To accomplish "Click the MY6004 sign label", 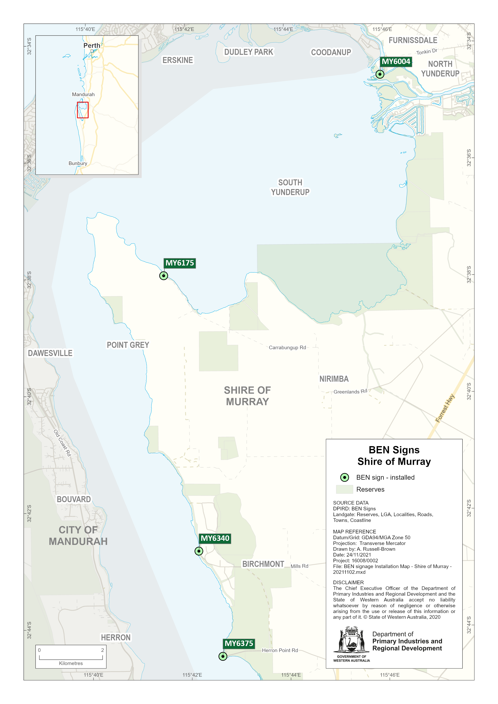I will tap(396, 62).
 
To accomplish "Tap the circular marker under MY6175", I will tap(163, 276).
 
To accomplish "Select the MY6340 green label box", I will tap(215, 538).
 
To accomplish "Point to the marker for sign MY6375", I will tap(223, 656).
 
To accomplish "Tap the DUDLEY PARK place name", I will tap(249, 52).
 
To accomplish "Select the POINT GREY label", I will tap(128, 345).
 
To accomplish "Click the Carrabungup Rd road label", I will tap(287, 347).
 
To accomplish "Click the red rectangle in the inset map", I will tap(83, 110).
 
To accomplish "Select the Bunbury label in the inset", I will tap(78, 163).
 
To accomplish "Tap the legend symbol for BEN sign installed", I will tap(345, 477).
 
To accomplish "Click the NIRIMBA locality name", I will tap(334, 379).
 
